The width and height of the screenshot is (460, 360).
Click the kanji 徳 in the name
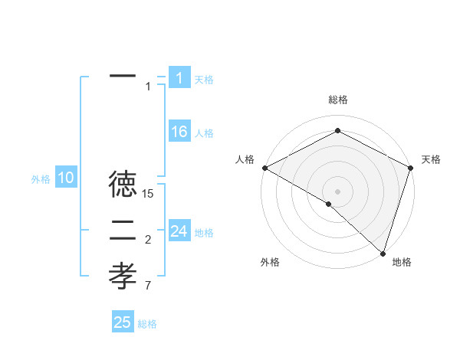(x=123, y=185)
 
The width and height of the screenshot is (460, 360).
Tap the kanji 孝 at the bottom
(x=123, y=275)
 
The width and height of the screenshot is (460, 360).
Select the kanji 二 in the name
(x=123, y=230)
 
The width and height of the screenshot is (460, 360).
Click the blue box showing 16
(x=179, y=132)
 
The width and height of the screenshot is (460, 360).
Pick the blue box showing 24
(x=179, y=231)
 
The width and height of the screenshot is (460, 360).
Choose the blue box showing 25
(x=123, y=322)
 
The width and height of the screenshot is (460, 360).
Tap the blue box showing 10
(x=66, y=178)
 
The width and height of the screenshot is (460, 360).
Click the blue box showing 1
(x=179, y=78)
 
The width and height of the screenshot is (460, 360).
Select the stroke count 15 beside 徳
(x=149, y=195)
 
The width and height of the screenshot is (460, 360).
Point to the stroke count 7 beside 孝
(x=148, y=286)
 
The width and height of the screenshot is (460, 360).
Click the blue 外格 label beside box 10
(x=41, y=179)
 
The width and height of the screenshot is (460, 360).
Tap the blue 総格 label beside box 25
(x=147, y=324)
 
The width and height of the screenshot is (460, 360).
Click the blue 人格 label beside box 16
(x=204, y=133)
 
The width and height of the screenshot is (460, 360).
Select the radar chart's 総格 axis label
(x=337, y=100)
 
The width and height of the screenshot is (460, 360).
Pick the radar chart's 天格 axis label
(x=431, y=159)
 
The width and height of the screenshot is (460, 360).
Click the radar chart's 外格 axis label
(x=270, y=262)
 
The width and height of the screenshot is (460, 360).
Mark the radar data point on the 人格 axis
(x=264, y=168)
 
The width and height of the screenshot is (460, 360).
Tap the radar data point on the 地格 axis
(x=383, y=253)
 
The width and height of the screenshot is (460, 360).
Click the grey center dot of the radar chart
(x=337, y=191)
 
